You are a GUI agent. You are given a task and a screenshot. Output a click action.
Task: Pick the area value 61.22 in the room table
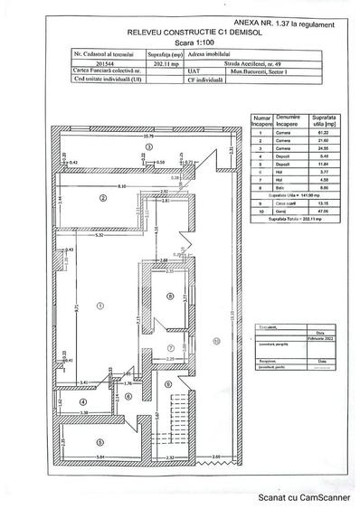(317, 132)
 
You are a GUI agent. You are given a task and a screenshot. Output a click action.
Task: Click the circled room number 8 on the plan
(170, 296)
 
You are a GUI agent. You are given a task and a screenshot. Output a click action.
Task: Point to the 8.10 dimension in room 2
(118, 185)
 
